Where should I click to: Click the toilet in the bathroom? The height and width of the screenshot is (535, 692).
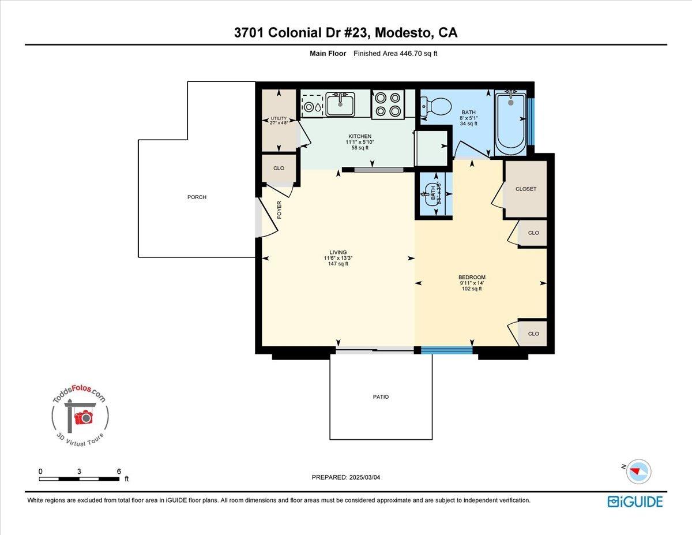(x=438, y=106)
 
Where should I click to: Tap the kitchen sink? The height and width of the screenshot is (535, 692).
(x=340, y=104)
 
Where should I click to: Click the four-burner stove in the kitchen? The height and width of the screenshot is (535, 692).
(x=388, y=104)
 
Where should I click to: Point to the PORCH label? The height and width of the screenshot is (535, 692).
(x=197, y=197)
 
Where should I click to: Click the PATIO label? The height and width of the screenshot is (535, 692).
(x=381, y=397)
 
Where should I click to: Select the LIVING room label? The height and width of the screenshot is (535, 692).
(x=338, y=252)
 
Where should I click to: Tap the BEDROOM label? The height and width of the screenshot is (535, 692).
(x=472, y=277)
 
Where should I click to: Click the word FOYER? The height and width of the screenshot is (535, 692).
(x=280, y=209)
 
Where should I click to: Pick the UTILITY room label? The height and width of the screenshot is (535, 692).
(x=279, y=118)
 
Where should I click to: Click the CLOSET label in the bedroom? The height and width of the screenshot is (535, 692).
(x=525, y=189)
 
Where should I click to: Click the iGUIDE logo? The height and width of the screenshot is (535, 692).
(x=635, y=502)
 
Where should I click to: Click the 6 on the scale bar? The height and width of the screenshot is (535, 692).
(x=119, y=471)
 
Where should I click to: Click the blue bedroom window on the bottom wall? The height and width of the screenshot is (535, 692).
(x=446, y=350)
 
